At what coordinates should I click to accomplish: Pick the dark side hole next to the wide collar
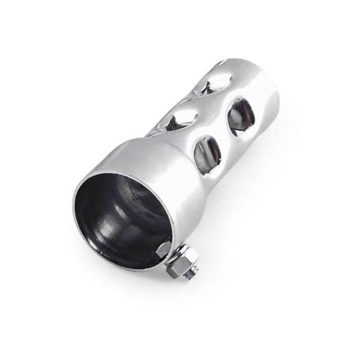tap(207, 149)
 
